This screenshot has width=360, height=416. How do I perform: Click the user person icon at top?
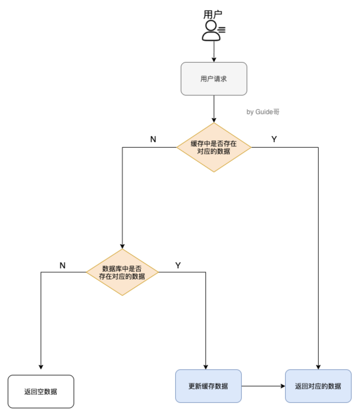[x=212, y=31]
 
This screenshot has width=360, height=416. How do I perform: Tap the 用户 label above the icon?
[x=213, y=15]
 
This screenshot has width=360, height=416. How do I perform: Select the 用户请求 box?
[x=214, y=79]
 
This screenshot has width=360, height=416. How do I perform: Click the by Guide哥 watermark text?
[x=263, y=112]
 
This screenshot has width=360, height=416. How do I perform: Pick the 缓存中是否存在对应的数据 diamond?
[x=214, y=147]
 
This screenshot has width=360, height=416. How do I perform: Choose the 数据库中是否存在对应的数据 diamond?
[x=122, y=273]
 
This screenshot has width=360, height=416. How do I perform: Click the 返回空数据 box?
[x=41, y=391]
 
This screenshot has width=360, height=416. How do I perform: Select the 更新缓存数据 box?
[x=208, y=386]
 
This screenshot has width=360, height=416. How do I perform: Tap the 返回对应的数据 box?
[x=318, y=386]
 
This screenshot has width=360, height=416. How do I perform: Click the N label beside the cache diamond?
[x=153, y=139]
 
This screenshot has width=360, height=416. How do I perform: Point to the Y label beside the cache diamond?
[x=274, y=139]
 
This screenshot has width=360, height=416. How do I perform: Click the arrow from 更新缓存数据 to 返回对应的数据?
[x=263, y=386]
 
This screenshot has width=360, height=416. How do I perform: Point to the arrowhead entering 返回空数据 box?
[x=41, y=367]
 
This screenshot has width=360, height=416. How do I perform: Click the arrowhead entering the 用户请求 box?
[x=214, y=59]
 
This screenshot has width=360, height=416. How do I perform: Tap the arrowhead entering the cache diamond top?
[x=214, y=120]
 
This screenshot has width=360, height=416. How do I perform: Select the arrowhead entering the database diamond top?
[x=122, y=246]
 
